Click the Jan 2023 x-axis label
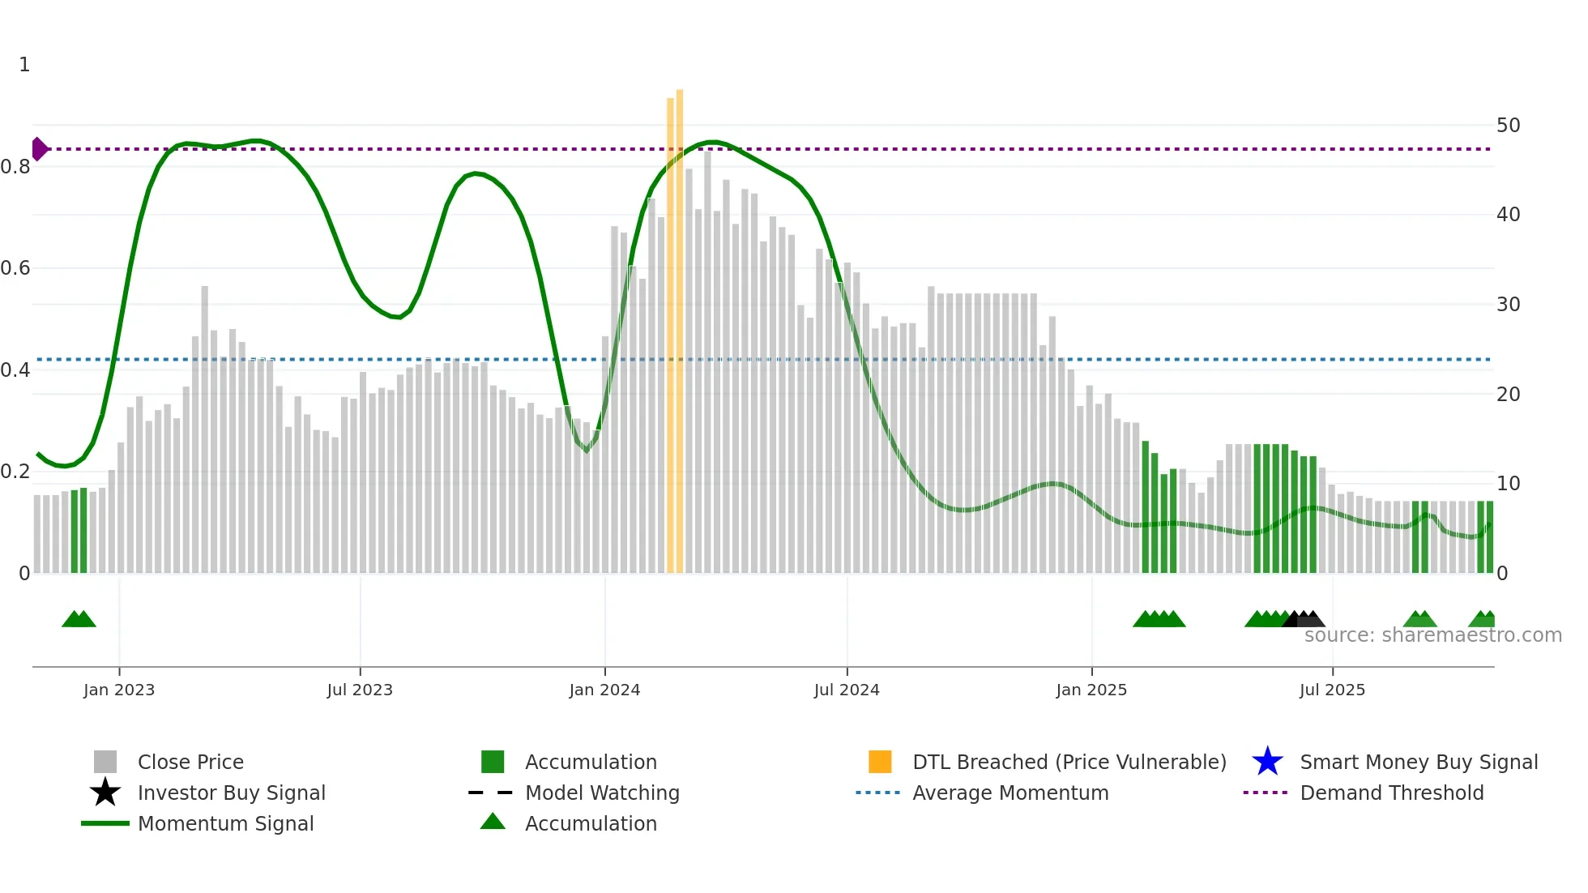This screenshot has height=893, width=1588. click(x=119, y=690)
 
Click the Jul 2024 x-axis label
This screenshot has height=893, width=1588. click(x=847, y=690)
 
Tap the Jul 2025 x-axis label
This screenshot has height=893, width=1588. click(x=1332, y=690)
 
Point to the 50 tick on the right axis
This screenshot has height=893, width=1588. click(x=1508, y=126)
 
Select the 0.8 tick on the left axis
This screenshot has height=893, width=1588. click(x=15, y=167)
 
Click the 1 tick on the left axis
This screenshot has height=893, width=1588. click(x=24, y=65)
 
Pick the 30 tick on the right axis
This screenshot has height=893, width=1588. click(x=1508, y=305)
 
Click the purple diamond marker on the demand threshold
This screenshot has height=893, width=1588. click(x=39, y=149)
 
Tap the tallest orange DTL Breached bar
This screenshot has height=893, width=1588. click(x=680, y=324)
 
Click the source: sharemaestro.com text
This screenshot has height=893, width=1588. click(x=1432, y=635)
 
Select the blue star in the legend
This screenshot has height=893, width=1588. click(x=1267, y=762)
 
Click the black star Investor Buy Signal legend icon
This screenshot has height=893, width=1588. click(x=105, y=793)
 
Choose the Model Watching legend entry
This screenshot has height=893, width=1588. click(x=602, y=793)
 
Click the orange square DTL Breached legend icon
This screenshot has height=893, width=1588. click(x=880, y=762)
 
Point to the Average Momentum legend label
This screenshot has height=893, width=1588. click(x=1010, y=793)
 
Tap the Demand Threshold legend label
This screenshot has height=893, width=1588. click(x=1391, y=793)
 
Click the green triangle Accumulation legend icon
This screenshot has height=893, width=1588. click(x=493, y=822)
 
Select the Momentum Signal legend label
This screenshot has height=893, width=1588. click(x=225, y=823)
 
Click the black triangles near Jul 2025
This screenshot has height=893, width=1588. click(x=1304, y=619)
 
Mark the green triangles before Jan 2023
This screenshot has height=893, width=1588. click(x=79, y=619)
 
